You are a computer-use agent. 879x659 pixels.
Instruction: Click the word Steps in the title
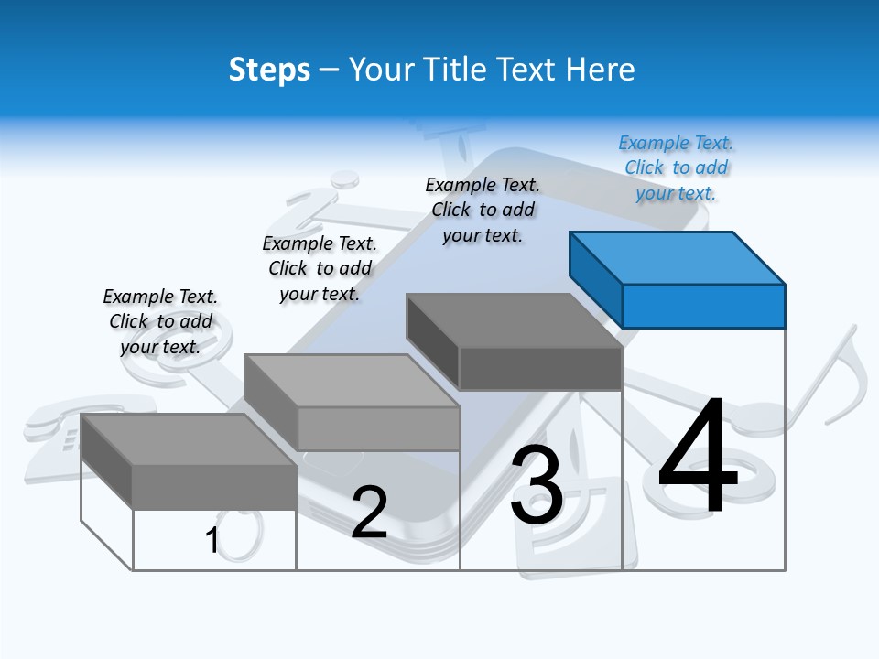(x=269, y=70)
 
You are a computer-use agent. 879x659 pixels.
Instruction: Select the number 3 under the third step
(x=537, y=485)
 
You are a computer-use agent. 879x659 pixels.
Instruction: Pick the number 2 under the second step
(x=369, y=513)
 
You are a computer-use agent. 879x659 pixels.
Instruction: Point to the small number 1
(x=212, y=541)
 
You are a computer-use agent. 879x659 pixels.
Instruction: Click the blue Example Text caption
(x=676, y=167)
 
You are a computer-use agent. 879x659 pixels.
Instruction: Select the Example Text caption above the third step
(x=483, y=210)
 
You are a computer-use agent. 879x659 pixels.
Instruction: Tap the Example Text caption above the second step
(x=320, y=268)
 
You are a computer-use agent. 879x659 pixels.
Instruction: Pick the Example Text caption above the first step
(x=160, y=321)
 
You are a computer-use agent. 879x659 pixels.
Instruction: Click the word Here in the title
(x=601, y=70)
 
